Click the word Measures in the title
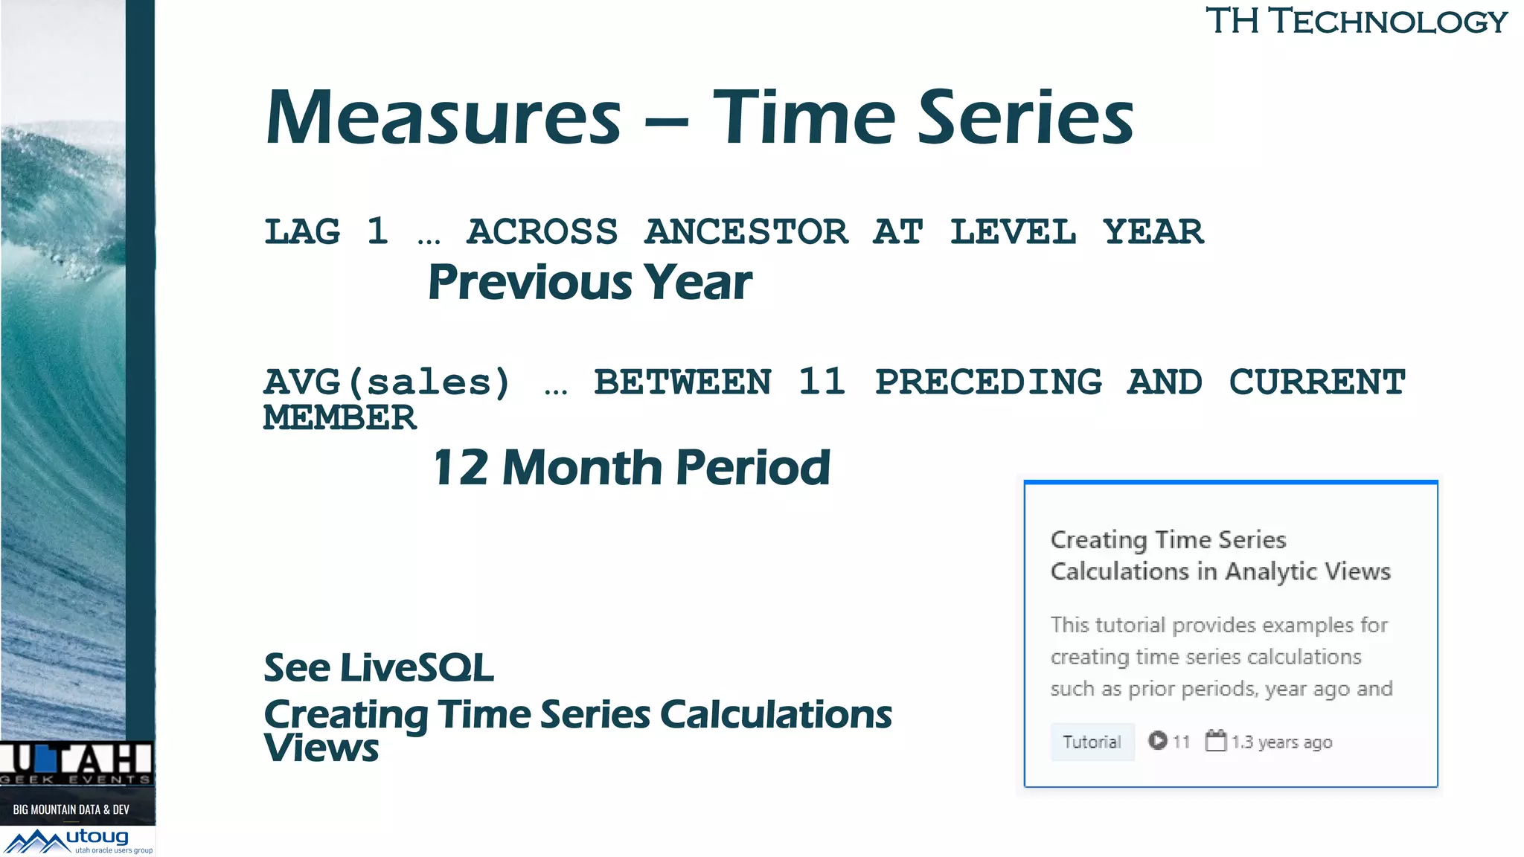click(444, 118)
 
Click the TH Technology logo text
click(1356, 21)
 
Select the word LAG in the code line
click(302, 231)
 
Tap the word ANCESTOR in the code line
click(746, 231)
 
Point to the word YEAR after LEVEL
click(1153, 231)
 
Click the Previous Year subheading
click(589, 283)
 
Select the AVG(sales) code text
click(387, 382)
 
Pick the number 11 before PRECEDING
click(822, 382)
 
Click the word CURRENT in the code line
click(1316, 382)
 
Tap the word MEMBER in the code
click(340, 417)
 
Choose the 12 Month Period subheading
click(631, 468)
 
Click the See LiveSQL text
click(379, 667)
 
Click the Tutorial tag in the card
click(1092, 742)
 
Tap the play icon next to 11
click(1157, 740)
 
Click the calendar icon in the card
click(1215, 740)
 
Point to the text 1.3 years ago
click(1281, 742)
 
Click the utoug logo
click(78, 841)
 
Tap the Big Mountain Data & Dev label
click(71, 809)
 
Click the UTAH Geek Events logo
click(76, 763)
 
